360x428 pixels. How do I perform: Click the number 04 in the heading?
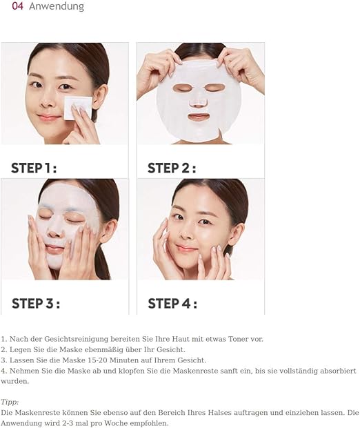click(x=18, y=6)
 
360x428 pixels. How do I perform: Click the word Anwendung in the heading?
click(x=57, y=6)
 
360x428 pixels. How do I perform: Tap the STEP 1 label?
click(x=34, y=168)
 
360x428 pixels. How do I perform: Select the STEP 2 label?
click(x=172, y=168)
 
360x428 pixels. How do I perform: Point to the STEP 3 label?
click(x=36, y=304)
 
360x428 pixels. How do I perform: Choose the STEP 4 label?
click(x=172, y=304)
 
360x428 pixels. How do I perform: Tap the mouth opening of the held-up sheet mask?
click(x=199, y=117)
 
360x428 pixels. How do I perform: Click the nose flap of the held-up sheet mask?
click(x=198, y=103)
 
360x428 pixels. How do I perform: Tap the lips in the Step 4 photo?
click(x=186, y=249)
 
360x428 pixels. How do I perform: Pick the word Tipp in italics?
click(x=10, y=402)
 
